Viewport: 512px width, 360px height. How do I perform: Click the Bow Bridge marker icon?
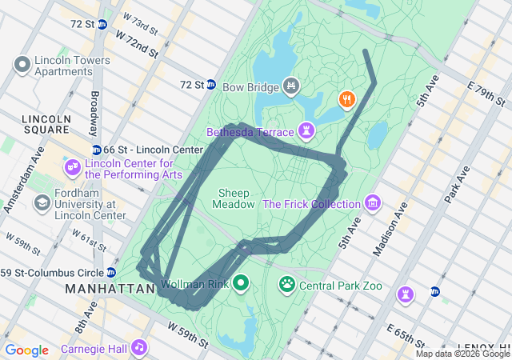(291, 86)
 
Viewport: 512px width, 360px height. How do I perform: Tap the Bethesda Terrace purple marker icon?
(306, 130)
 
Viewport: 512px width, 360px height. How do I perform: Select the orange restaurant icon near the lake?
(346, 100)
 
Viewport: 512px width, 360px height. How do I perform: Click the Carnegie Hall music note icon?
(139, 347)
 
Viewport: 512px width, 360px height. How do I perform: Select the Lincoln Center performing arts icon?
(73, 166)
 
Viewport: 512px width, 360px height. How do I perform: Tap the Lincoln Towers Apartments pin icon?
(22, 64)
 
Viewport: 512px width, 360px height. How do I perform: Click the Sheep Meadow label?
(234, 198)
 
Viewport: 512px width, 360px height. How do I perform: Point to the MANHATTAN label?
(110, 288)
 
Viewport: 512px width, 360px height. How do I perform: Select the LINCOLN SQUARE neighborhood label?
(46, 125)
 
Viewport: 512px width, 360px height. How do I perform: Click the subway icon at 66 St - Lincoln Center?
(97, 150)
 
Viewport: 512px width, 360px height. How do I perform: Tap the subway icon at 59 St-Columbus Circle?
(111, 272)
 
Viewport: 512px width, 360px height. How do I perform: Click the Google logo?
(26, 350)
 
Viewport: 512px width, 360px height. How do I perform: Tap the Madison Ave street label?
(392, 228)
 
